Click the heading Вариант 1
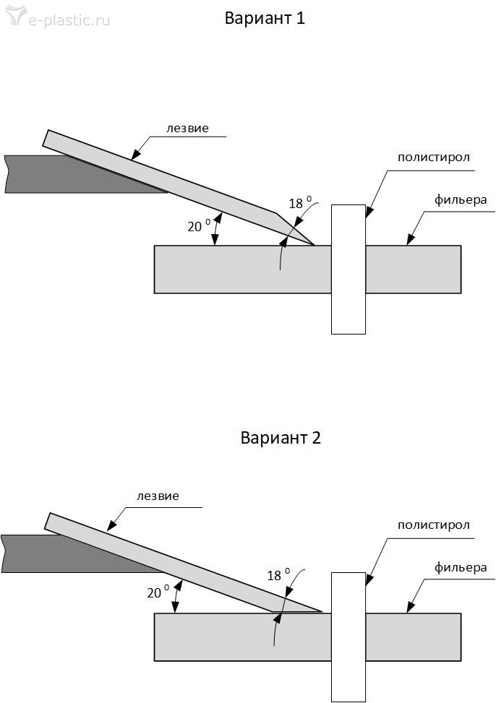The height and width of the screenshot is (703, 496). point(265,19)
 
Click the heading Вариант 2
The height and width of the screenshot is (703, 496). point(280,438)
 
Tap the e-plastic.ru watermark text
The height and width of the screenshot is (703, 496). point(69,20)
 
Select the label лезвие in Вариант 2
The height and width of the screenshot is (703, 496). point(158,496)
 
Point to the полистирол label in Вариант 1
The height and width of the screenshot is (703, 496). point(434,158)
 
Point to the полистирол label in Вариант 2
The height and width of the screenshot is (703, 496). point(434,525)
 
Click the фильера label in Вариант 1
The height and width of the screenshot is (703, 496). point(461,199)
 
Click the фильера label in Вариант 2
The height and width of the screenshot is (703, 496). point(461,567)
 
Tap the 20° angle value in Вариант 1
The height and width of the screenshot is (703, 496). point(197,225)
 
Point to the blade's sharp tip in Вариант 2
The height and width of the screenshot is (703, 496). point(320,611)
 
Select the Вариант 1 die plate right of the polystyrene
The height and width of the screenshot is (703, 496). point(413,269)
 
